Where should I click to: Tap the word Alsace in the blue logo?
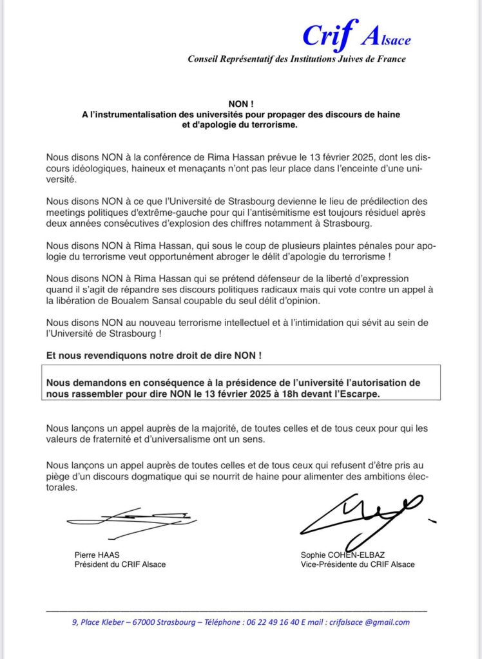(386, 39)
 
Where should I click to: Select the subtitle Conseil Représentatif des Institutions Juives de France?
(296, 59)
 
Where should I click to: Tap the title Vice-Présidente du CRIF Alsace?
(357, 564)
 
